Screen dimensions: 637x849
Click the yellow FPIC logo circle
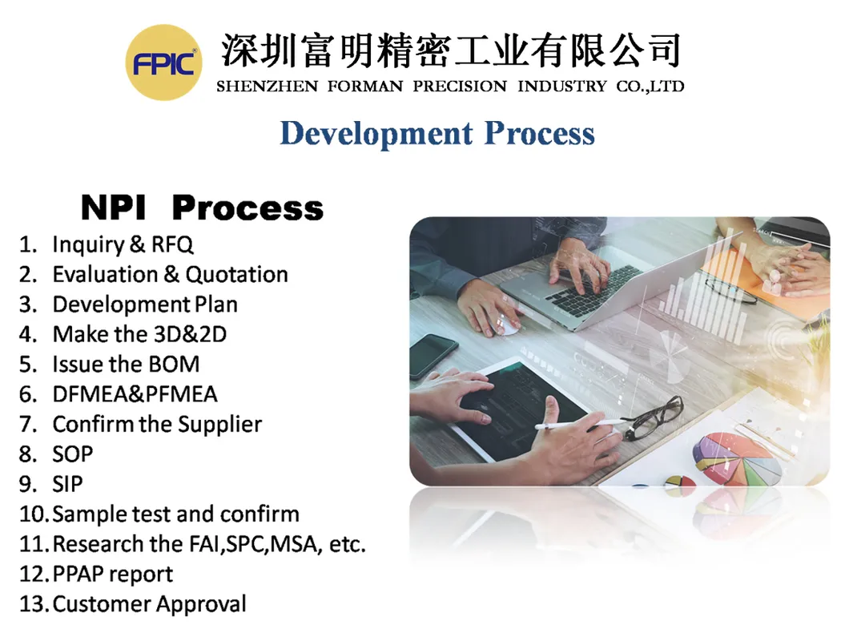point(163,62)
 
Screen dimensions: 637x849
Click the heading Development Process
point(437,133)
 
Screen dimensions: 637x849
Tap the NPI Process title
point(202,208)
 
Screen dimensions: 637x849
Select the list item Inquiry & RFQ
point(123,244)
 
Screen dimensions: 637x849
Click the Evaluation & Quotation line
point(170,274)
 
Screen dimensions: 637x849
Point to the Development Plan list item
point(145,304)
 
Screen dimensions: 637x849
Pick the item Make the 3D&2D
point(139,334)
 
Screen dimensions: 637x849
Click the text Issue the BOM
point(126,365)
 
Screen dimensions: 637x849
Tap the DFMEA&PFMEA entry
point(135,394)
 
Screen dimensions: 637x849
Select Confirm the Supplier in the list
point(157,424)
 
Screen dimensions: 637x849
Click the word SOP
point(73,454)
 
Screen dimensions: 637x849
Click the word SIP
point(67,484)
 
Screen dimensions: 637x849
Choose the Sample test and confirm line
point(175,514)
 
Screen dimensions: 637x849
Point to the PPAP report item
point(112,574)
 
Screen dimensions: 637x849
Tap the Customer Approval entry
point(149,603)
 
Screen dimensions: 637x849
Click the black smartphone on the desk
point(433,356)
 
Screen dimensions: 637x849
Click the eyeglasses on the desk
point(653,417)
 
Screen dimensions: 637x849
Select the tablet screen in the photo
point(521,409)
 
